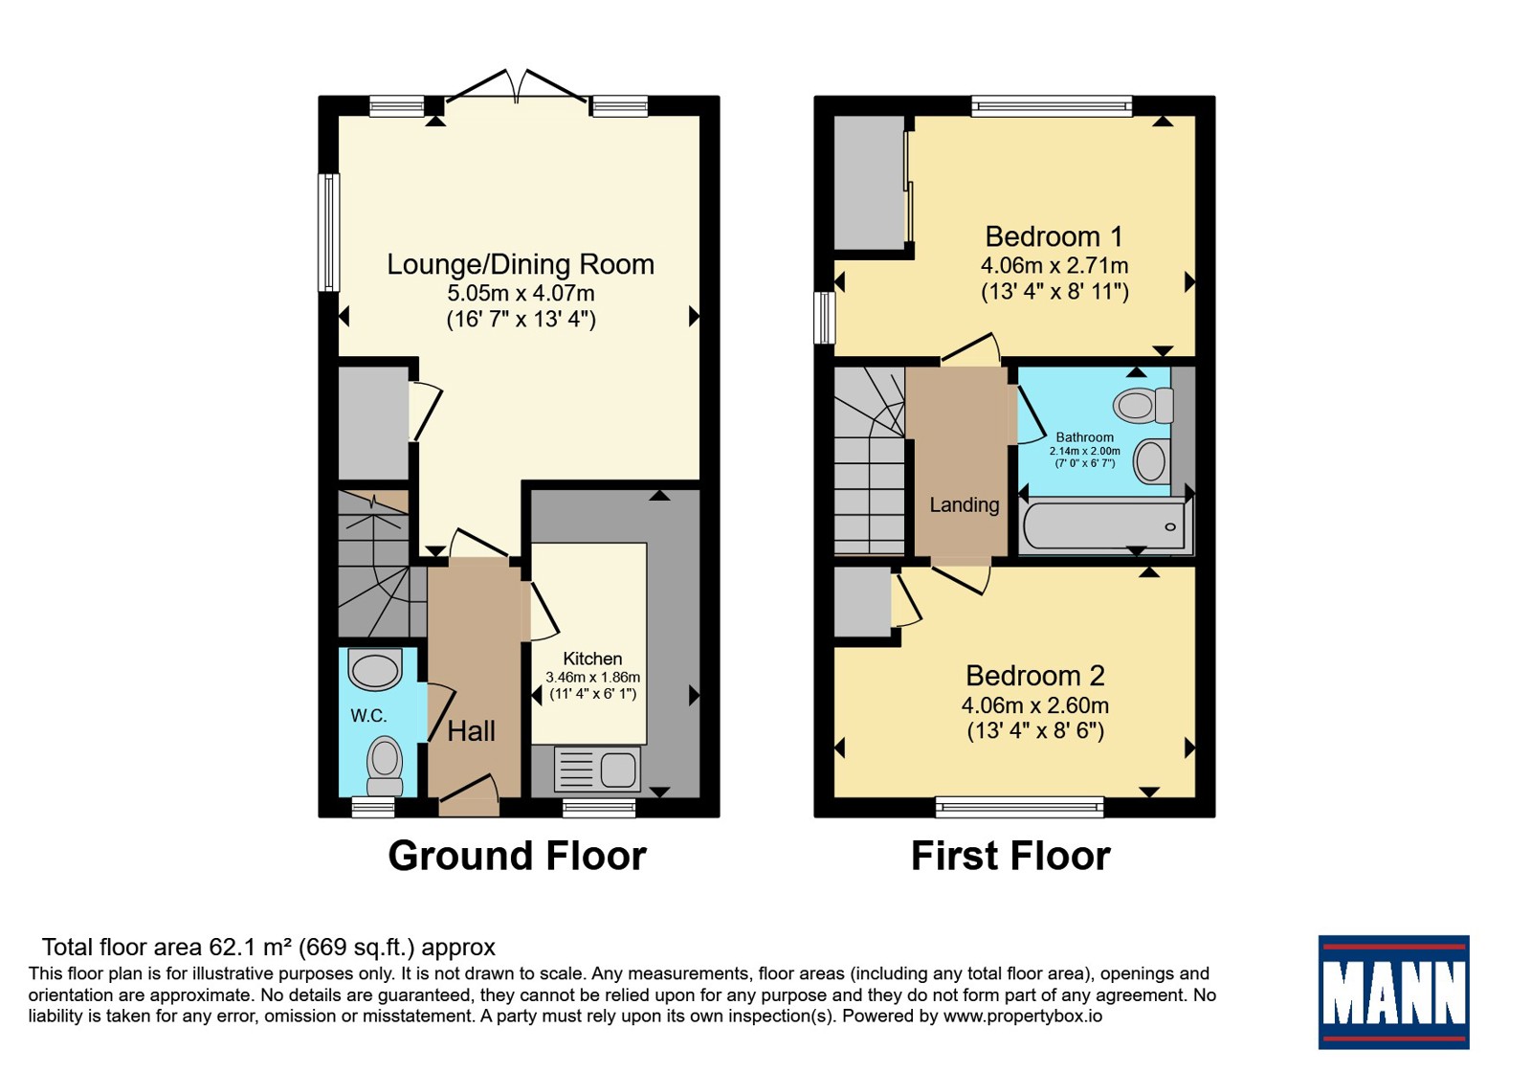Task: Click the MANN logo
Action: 1393,992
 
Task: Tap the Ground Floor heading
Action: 518,856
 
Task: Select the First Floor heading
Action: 1010,856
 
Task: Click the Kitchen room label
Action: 592,659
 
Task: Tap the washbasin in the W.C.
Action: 374,669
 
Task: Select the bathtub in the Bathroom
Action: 1104,525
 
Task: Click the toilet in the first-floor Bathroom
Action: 1143,405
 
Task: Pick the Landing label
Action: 965,504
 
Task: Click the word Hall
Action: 471,731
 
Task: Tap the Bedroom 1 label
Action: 1054,236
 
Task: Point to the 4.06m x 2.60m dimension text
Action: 1035,704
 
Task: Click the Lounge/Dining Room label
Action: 521,264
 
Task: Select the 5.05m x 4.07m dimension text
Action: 521,293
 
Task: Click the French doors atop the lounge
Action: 517,87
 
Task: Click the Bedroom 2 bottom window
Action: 1020,807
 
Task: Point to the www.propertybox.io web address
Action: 1023,1016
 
